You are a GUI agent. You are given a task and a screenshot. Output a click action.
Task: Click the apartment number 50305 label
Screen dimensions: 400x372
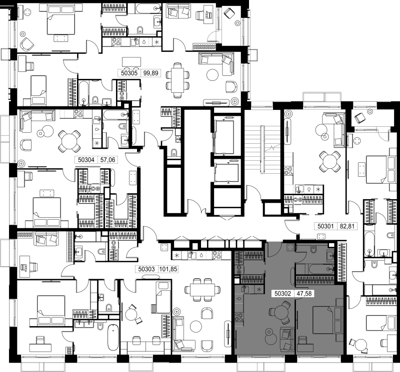pos(129,73)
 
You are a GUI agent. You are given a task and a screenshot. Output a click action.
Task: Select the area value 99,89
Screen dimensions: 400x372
pos(151,73)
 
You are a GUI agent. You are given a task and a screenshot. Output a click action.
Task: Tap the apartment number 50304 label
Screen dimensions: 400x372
pos(86,160)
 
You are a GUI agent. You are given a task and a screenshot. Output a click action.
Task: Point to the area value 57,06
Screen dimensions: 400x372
pos(107,160)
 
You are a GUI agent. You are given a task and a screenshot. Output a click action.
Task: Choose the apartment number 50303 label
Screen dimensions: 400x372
pos(146,269)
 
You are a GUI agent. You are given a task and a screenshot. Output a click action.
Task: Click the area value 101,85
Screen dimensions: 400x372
pos(168,269)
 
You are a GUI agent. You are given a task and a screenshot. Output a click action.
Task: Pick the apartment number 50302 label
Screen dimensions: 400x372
pos(282,294)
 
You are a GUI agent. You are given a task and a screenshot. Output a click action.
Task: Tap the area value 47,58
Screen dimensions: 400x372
pos(304,294)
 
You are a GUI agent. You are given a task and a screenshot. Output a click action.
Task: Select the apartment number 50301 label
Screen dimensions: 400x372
pos(325,226)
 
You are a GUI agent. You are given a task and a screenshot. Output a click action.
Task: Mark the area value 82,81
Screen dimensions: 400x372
pos(347,226)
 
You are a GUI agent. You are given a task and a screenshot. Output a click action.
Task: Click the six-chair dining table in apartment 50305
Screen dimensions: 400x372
pos(177,80)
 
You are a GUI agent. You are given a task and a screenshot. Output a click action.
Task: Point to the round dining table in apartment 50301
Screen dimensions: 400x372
pos(329,162)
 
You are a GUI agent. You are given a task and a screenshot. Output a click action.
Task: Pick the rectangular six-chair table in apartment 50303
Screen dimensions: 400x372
pos(202,290)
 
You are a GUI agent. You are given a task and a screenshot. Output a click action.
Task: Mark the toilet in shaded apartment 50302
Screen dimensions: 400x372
pos(313,250)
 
